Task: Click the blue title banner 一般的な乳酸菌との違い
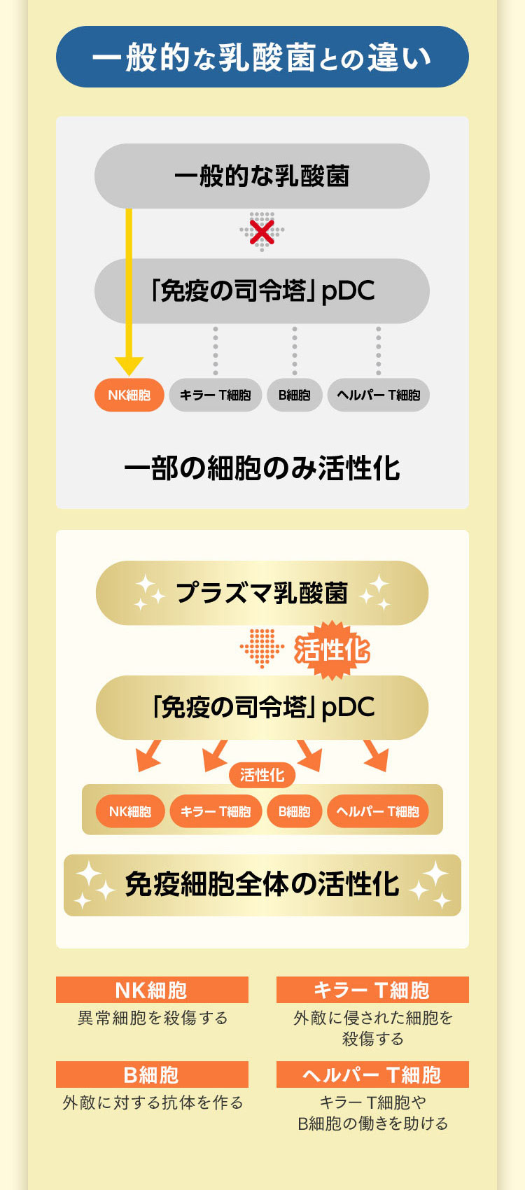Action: pyautogui.click(x=262, y=57)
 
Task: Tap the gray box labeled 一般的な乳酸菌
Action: pyautogui.click(x=262, y=176)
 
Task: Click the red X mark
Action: pyautogui.click(x=262, y=232)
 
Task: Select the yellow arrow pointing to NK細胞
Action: pyautogui.click(x=129, y=292)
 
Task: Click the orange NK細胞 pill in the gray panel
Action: pyautogui.click(x=129, y=395)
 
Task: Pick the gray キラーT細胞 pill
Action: pyautogui.click(x=215, y=395)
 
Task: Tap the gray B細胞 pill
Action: pyautogui.click(x=295, y=395)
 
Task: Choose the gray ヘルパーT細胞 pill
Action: pyautogui.click(x=378, y=395)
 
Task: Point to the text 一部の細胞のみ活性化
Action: pyautogui.click(x=262, y=468)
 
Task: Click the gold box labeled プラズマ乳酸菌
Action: pyautogui.click(x=262, y=593)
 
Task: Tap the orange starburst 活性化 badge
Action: pyautogui.click(x=332, y=650)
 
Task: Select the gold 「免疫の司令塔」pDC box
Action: pyautogui.click(x=262, y=708)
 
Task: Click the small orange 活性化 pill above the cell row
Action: pyautogui.click(x=262, y=775)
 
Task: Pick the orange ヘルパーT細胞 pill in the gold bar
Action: pyautogui.click(x=378, y=811)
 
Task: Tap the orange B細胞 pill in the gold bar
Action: pyautogui.click(x=295, y=811)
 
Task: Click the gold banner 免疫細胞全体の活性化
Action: pyautogui.click(x=262, y=885)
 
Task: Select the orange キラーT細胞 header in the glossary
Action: pyautogui.click(x=372, y=990)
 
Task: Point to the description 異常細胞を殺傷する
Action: pyautogui.click(x=153, y=1018)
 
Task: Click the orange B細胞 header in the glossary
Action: pyautogui.click(x=152, y=1074)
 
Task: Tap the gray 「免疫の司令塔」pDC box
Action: pyautogui.click(x=262, y=291)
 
